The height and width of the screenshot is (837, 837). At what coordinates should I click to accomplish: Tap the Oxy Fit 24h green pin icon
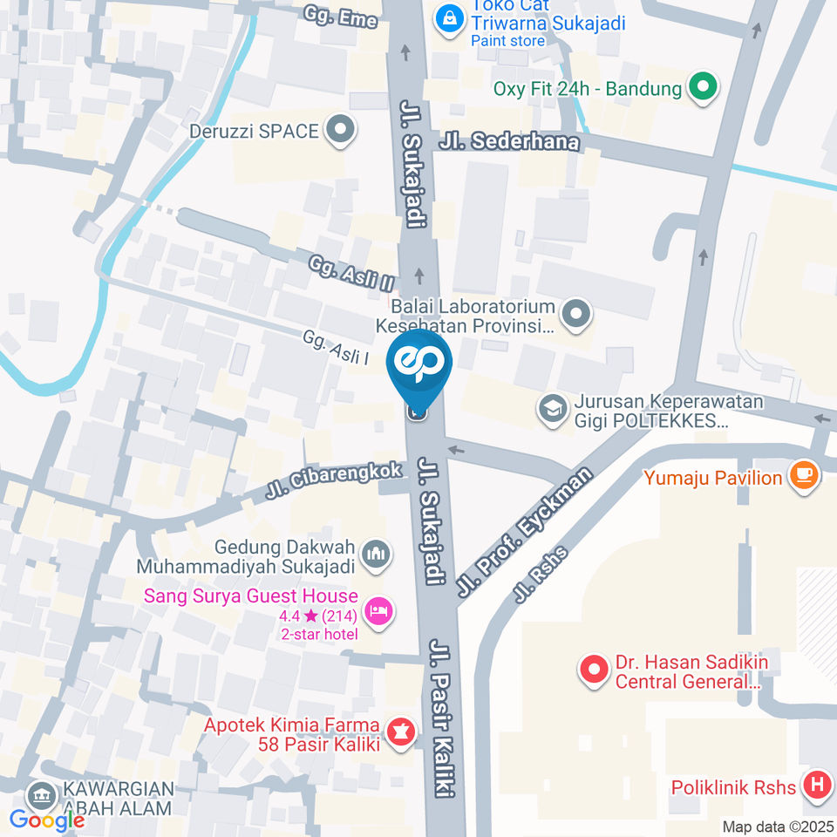pyautogui.click(x=702, y=87)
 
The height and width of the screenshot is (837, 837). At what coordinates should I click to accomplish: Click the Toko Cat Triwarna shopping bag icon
pyautogui.click(x=450, y=17)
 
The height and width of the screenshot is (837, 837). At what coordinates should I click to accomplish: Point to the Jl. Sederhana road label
pyautogui.click(x=510, y=139)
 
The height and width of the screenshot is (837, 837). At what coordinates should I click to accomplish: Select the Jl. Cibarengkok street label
pyautogui.click(x=336, y=482)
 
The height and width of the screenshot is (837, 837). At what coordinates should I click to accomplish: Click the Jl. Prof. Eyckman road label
pyautogui.click(x=524, y=532)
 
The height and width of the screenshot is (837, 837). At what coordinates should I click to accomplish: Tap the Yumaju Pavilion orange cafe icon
pyautogui.click(x=803, y=476)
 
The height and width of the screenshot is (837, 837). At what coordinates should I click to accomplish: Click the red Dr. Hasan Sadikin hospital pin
pyautogui.click(x=594, y=670)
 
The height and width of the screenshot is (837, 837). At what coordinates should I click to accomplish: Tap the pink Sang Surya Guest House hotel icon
pyautogui.click(x=378, y=612)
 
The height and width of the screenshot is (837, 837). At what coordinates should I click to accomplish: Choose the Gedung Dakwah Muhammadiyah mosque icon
pyautogui.click(x=377, y=554)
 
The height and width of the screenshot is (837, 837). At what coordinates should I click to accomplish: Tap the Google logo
pyautogui.click(x=47, y=820)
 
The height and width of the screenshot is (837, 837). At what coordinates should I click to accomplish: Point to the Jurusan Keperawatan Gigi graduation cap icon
pyautogui.click(x=551, y=410)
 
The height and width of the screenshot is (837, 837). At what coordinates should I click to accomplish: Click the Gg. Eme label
pyautogui.click(x=340, y=17)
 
